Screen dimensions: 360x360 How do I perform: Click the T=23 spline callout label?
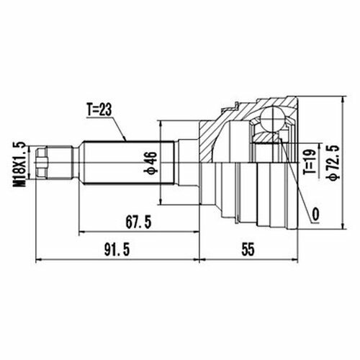coord(99,110)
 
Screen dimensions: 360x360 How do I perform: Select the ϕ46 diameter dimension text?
coord(150,163)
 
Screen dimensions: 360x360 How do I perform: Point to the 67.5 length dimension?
coord(139,222)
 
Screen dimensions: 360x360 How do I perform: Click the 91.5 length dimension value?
coord(117,250)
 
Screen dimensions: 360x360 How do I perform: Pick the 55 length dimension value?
coord(248,250)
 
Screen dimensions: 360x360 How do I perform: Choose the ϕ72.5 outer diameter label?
coord(334,162)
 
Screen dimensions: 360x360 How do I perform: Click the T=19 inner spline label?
coord(309,162)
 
